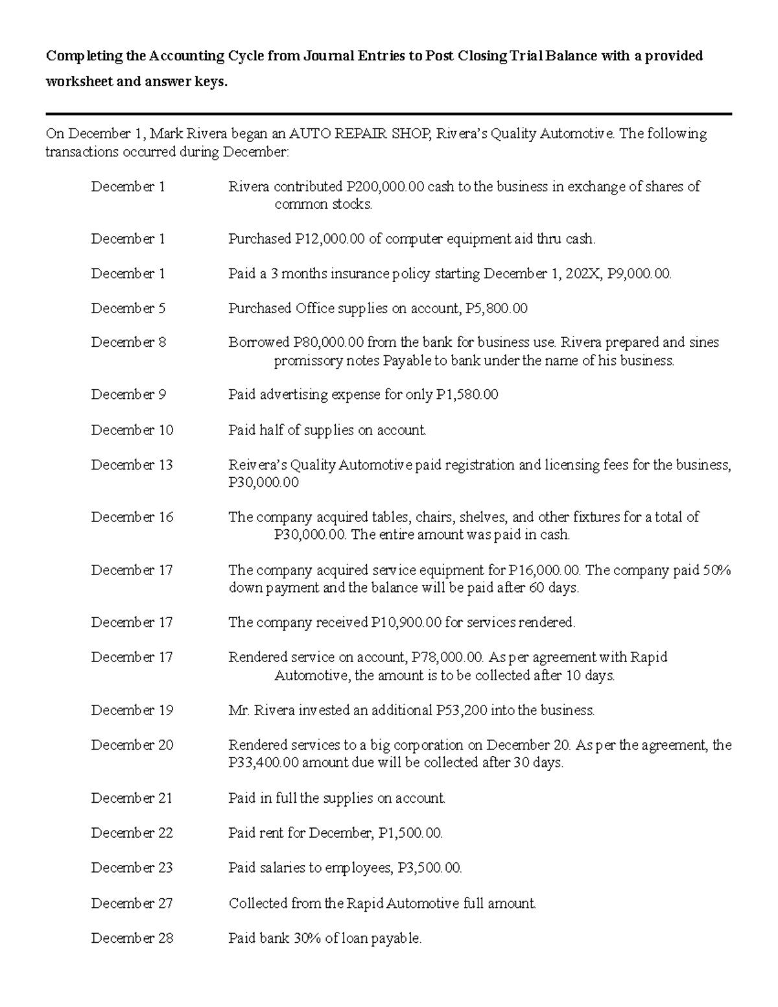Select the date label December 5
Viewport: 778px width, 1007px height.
pyautogui.click(x=128, y=309)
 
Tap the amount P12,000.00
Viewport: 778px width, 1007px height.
pyautogui.click(x=330, y=239)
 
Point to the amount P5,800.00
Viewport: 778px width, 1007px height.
pyautogui.click(x=497, y=309)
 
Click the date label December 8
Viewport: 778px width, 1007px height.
pyautogui.click(x=128, y=342)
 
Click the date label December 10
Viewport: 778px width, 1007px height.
pyautogui.click(x=132, y=430)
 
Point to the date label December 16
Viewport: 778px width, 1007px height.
pyautogui.click(x=132, y=517)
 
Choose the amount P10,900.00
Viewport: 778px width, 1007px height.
pyautogui.click(x=406, y=622)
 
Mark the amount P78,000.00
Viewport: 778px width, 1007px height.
pyautogui.click(x=447, y=658)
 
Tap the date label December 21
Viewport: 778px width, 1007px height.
pyautogui.click(x=132, y=798)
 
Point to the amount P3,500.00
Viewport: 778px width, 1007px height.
pyautogui.click(x=429, y=868)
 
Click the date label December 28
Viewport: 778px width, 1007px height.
pyautogui.click(x=132, y=938)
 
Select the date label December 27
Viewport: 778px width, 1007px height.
pyautogui.click(x=132, y=903)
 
